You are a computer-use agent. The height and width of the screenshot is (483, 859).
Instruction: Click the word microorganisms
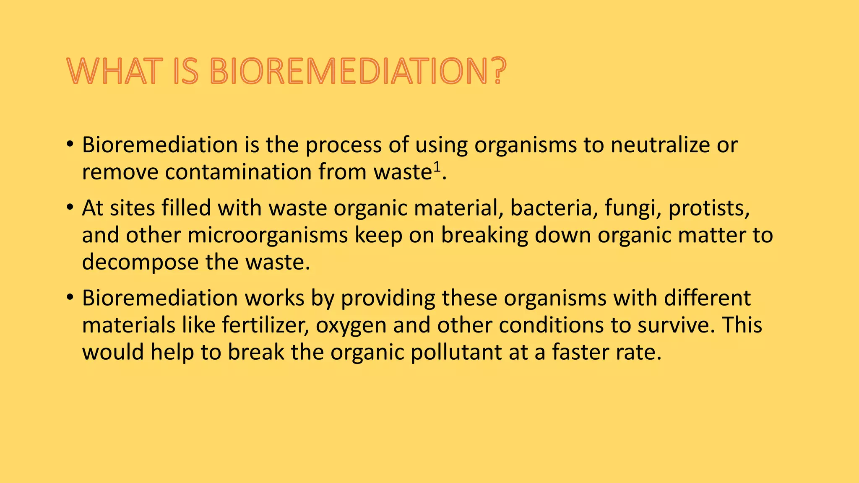pyautogui.click(x=267, y=235)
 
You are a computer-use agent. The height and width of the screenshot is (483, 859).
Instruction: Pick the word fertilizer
pyautogui.click(x=266, y=325)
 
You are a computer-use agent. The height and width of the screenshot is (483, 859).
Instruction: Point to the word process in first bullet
pyautogui.click(x=344, y=145)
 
